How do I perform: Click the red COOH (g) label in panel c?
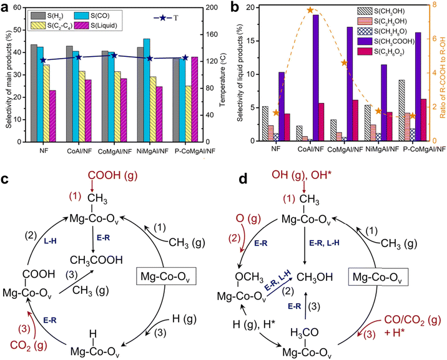pyautogui.click(x=92, y=175)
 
